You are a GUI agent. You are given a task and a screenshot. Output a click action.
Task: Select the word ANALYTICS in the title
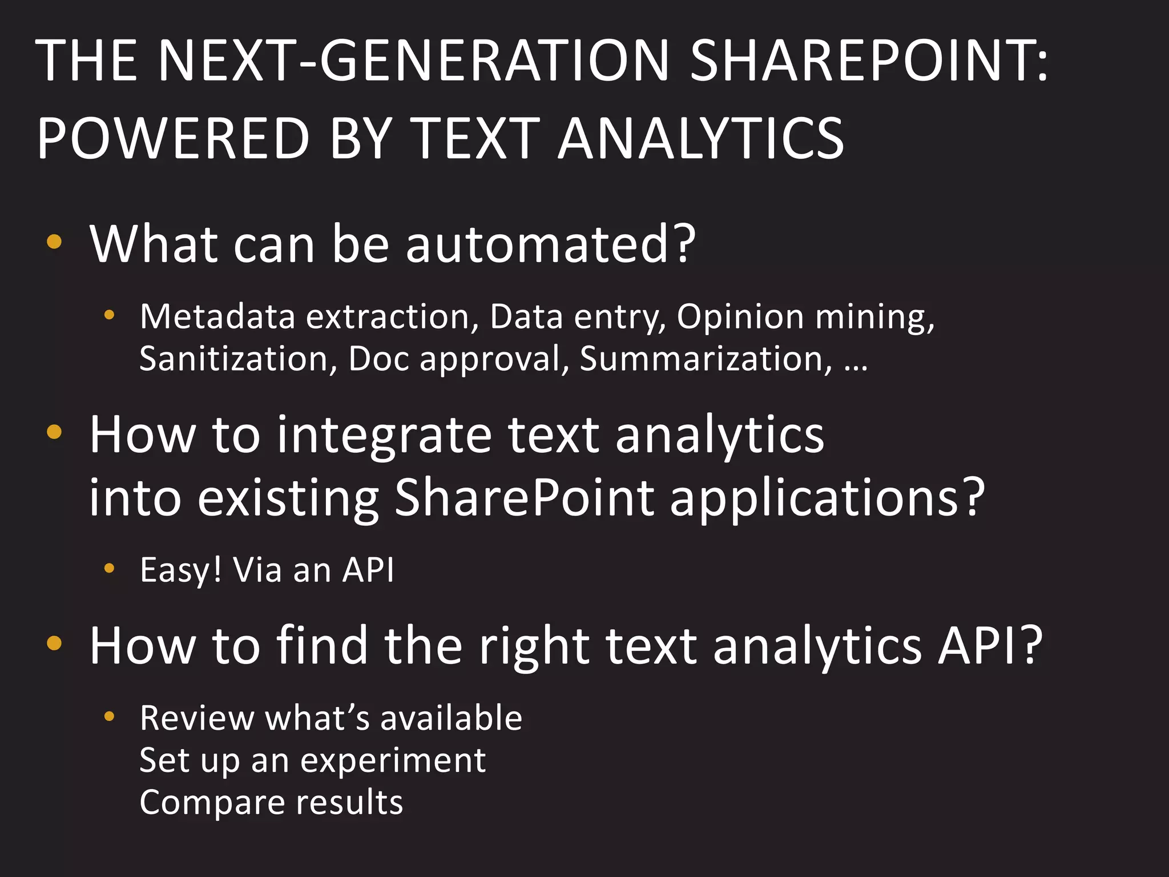[x=700, y=138]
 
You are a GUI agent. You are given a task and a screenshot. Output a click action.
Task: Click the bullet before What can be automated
[x=54, y=242]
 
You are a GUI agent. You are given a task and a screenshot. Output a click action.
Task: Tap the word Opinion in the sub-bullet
[x=740, y=317]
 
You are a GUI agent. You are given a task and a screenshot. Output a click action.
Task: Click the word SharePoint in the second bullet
[x=524, y=498]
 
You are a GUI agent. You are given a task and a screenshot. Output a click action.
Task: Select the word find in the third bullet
[x=322, y=646]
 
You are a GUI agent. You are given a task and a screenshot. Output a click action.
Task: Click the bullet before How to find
[x=54, y=643]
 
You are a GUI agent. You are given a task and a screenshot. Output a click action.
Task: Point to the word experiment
[x=393, y=761]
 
